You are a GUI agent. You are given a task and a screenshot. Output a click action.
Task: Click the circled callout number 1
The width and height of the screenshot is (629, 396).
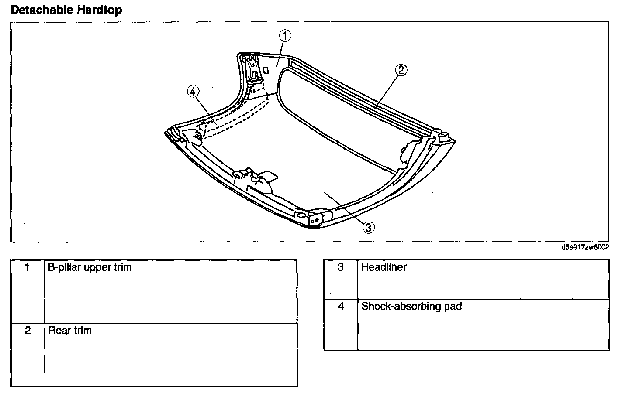click(285, 36)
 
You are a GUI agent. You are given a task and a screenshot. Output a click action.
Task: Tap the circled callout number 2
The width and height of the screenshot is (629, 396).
click(401, 70)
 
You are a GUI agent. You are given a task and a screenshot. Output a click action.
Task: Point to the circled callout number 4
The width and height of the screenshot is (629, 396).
click(193, 91)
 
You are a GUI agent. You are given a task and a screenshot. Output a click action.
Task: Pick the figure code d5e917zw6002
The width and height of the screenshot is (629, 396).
click(585, 247)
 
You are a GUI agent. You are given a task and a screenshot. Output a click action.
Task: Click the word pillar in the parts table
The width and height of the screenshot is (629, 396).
click(69, 267)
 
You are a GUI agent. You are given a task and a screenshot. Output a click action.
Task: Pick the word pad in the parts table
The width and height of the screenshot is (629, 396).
click(453, 307)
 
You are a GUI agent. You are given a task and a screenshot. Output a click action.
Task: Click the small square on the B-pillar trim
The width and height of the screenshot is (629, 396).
click(266, 69)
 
